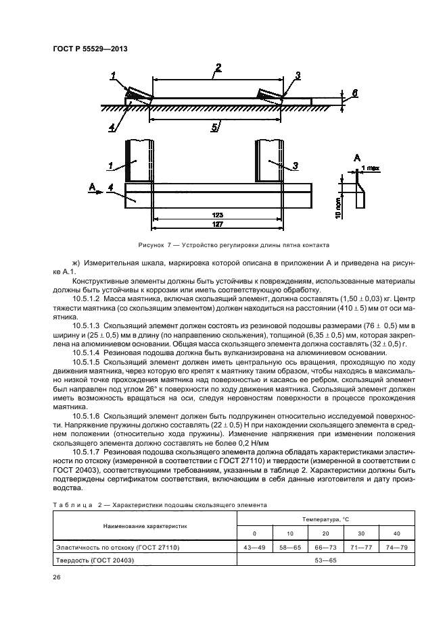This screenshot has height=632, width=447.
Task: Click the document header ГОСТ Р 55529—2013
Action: [90, 49]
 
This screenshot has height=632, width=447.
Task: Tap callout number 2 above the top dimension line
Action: [218, 67]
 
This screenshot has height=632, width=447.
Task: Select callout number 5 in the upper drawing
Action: [214, 126]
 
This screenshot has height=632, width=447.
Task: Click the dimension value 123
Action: [218, 215]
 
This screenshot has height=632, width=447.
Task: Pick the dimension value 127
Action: [218, 225]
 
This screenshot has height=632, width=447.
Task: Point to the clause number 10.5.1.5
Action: [85, 362]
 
